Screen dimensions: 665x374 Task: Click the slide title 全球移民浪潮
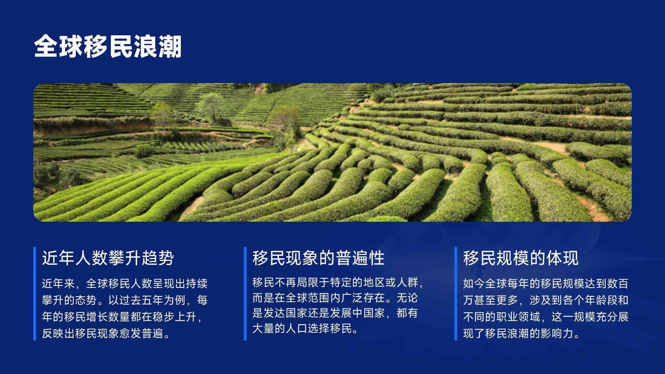[108, 47]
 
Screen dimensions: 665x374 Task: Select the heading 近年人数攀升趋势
[108, 258]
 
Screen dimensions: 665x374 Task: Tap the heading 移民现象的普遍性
[319, 258]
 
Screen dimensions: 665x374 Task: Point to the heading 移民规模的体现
[521, 258]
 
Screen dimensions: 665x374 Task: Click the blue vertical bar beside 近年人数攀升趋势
[35, 294]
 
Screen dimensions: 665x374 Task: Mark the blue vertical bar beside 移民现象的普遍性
[245, 294]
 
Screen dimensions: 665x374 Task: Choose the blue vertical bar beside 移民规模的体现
[456, 294]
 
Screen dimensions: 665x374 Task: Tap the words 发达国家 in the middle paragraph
[285, 313]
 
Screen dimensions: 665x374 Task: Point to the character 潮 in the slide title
[170, 47]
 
